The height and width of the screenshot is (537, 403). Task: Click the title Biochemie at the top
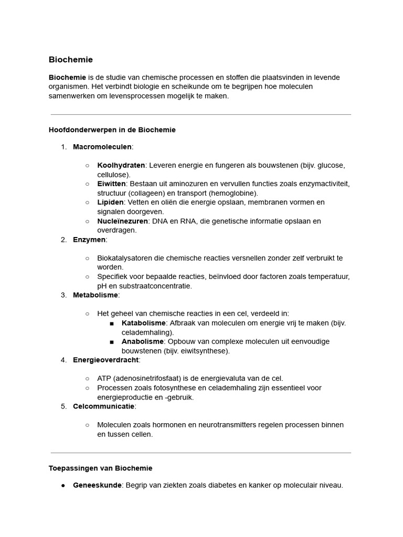[x=70, y=60]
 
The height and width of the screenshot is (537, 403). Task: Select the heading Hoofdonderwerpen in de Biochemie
[x=112, y=130]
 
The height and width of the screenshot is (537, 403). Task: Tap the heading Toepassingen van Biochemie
[x=100, y=468]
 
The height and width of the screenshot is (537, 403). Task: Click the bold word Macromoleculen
[x=102, y=147]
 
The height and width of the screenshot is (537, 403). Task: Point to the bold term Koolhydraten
[x=121, y=165]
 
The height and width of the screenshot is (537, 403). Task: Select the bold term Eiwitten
[x=111, y=184]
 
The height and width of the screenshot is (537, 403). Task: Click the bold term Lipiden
[x=110, y=202]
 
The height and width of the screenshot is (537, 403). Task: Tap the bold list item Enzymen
[x=89, y=240]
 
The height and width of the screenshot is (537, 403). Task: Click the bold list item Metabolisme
[x=96, y=295]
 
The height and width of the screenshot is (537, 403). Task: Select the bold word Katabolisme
[x=143, y=323]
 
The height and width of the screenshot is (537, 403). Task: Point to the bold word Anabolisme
[x=142, y=341]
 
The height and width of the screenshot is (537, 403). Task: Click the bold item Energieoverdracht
[x=105, y=360]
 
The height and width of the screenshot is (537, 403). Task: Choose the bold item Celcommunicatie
[x=103, y=406]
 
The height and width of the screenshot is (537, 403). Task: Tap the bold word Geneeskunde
[x=97, y=485]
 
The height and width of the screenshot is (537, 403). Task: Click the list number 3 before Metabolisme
[x=63, y=295]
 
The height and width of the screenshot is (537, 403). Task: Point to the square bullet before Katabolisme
[x=112, y=323]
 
